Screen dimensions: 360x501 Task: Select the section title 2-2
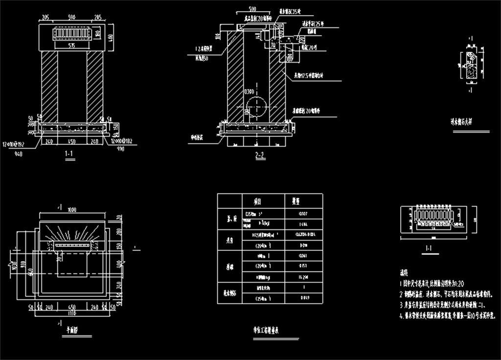pyautogui.click(x=259, y=156)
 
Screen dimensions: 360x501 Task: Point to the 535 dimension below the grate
pyautogui.click(x=72, y=45)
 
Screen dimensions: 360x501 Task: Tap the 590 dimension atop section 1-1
pyautogui.click(x=72, y=18)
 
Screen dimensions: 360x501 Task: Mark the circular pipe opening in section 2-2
pyautogui.click(x=257, y=105)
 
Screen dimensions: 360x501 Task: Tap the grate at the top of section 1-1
pyautogui.click(x=72, y=34)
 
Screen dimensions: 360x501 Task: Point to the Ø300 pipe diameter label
pyautogui.click(x=250, y=92)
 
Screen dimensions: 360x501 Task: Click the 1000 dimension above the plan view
pyautogui.click(x=72, y=210)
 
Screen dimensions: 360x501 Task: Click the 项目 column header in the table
pyautogui.click(x=256, y=201)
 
